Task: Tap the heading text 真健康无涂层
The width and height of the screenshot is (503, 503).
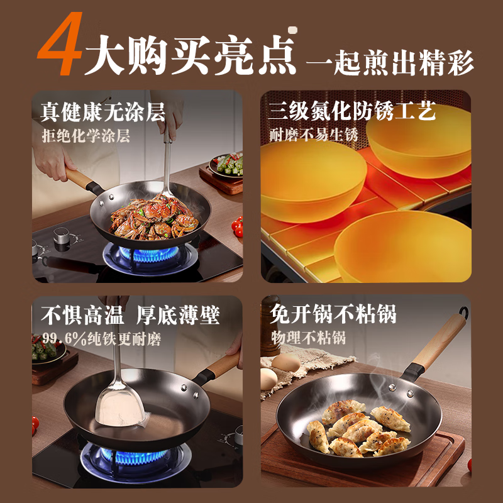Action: click(102, 113)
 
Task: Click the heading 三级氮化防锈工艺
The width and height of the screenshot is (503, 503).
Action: click(351, 113)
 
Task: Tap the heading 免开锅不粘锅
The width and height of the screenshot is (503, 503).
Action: click(333, 314)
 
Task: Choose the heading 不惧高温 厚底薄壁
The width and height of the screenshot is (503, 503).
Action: click(130, 314)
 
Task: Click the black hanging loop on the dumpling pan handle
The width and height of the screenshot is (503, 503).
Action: click(463, 312)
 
